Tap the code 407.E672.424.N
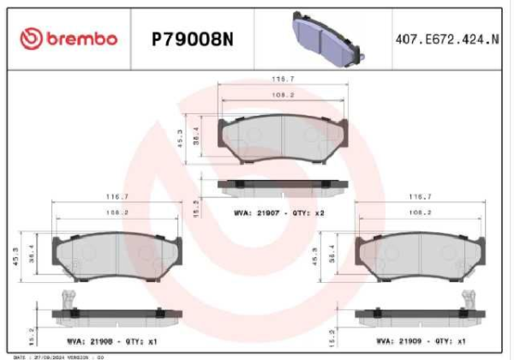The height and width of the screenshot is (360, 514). point(445,39)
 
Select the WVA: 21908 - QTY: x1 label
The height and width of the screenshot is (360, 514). point(111,341)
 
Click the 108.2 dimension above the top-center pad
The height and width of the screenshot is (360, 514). point(284,94)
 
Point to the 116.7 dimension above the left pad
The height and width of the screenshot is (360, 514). point(116,196)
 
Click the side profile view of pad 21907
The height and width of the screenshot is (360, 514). point(284,184)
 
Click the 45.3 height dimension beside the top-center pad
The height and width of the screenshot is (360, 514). point(182,138)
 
